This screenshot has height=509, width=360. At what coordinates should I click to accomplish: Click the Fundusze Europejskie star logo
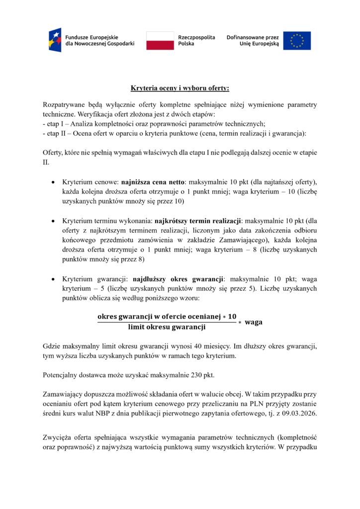(x=55, y=40)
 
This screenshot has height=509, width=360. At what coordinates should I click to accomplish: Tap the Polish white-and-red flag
(x=160, y=40)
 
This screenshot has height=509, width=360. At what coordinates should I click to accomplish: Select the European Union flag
(x=297, y=40)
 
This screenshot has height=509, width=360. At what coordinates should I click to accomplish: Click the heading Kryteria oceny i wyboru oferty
(x=180, y=88)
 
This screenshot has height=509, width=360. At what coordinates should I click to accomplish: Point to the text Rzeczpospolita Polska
(x=196, y=40)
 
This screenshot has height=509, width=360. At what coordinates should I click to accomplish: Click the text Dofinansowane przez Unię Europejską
(x=253, y=40)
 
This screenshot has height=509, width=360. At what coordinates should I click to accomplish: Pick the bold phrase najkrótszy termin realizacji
(x=197, y=220)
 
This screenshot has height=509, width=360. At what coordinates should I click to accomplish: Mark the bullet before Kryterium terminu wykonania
(x=53, y=220)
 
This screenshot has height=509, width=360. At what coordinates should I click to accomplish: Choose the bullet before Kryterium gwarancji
(x=53, y=279)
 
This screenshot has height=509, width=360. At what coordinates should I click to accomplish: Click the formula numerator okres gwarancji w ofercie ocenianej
(x=167, y=317)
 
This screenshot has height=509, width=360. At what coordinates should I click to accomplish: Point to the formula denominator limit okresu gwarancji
(x=167, y=327)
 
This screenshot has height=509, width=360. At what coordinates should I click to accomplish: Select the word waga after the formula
(x=254, y=322)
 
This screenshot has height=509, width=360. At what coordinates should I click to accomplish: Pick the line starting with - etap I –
(x=155, y=124)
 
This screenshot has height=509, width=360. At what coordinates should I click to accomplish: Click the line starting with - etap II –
(x=175, y=133)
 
